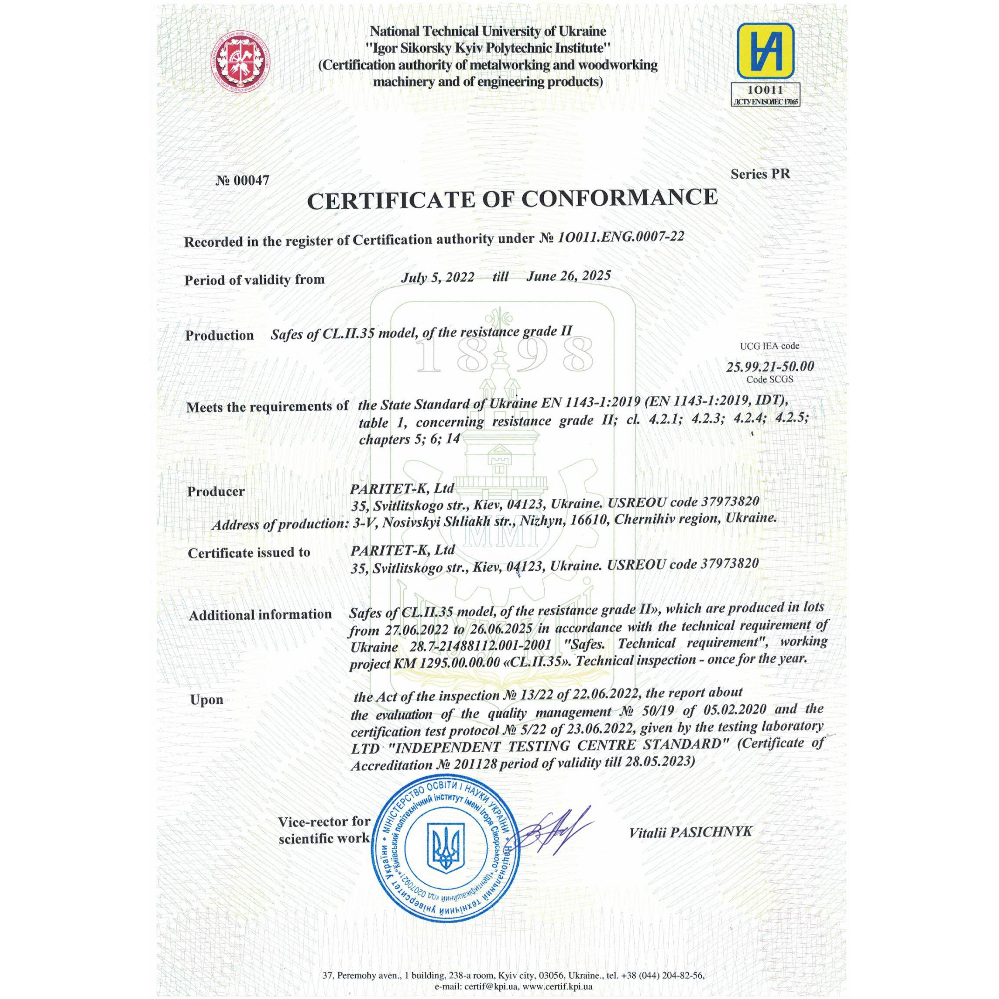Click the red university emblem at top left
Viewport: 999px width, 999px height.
[x=241, y=64]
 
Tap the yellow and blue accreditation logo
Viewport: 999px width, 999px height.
[x=765, y=54]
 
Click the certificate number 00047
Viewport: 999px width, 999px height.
[x=243, y=180]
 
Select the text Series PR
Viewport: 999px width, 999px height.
[x=760, y=174]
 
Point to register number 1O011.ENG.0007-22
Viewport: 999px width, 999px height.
[x=620, y=237]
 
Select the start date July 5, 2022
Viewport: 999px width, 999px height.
[x=438, y=277]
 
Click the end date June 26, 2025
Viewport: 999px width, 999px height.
[x=569, y=276]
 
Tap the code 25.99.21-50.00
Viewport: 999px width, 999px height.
[x=770, y=367]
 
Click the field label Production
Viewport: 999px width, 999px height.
[x=219, y=335]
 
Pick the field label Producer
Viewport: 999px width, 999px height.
[x=216, y=491]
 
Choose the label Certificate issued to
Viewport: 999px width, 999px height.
[x=249, y=553]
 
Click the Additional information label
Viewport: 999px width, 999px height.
[x=260, y=615]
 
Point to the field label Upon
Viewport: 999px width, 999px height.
[x=206, y=700]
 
